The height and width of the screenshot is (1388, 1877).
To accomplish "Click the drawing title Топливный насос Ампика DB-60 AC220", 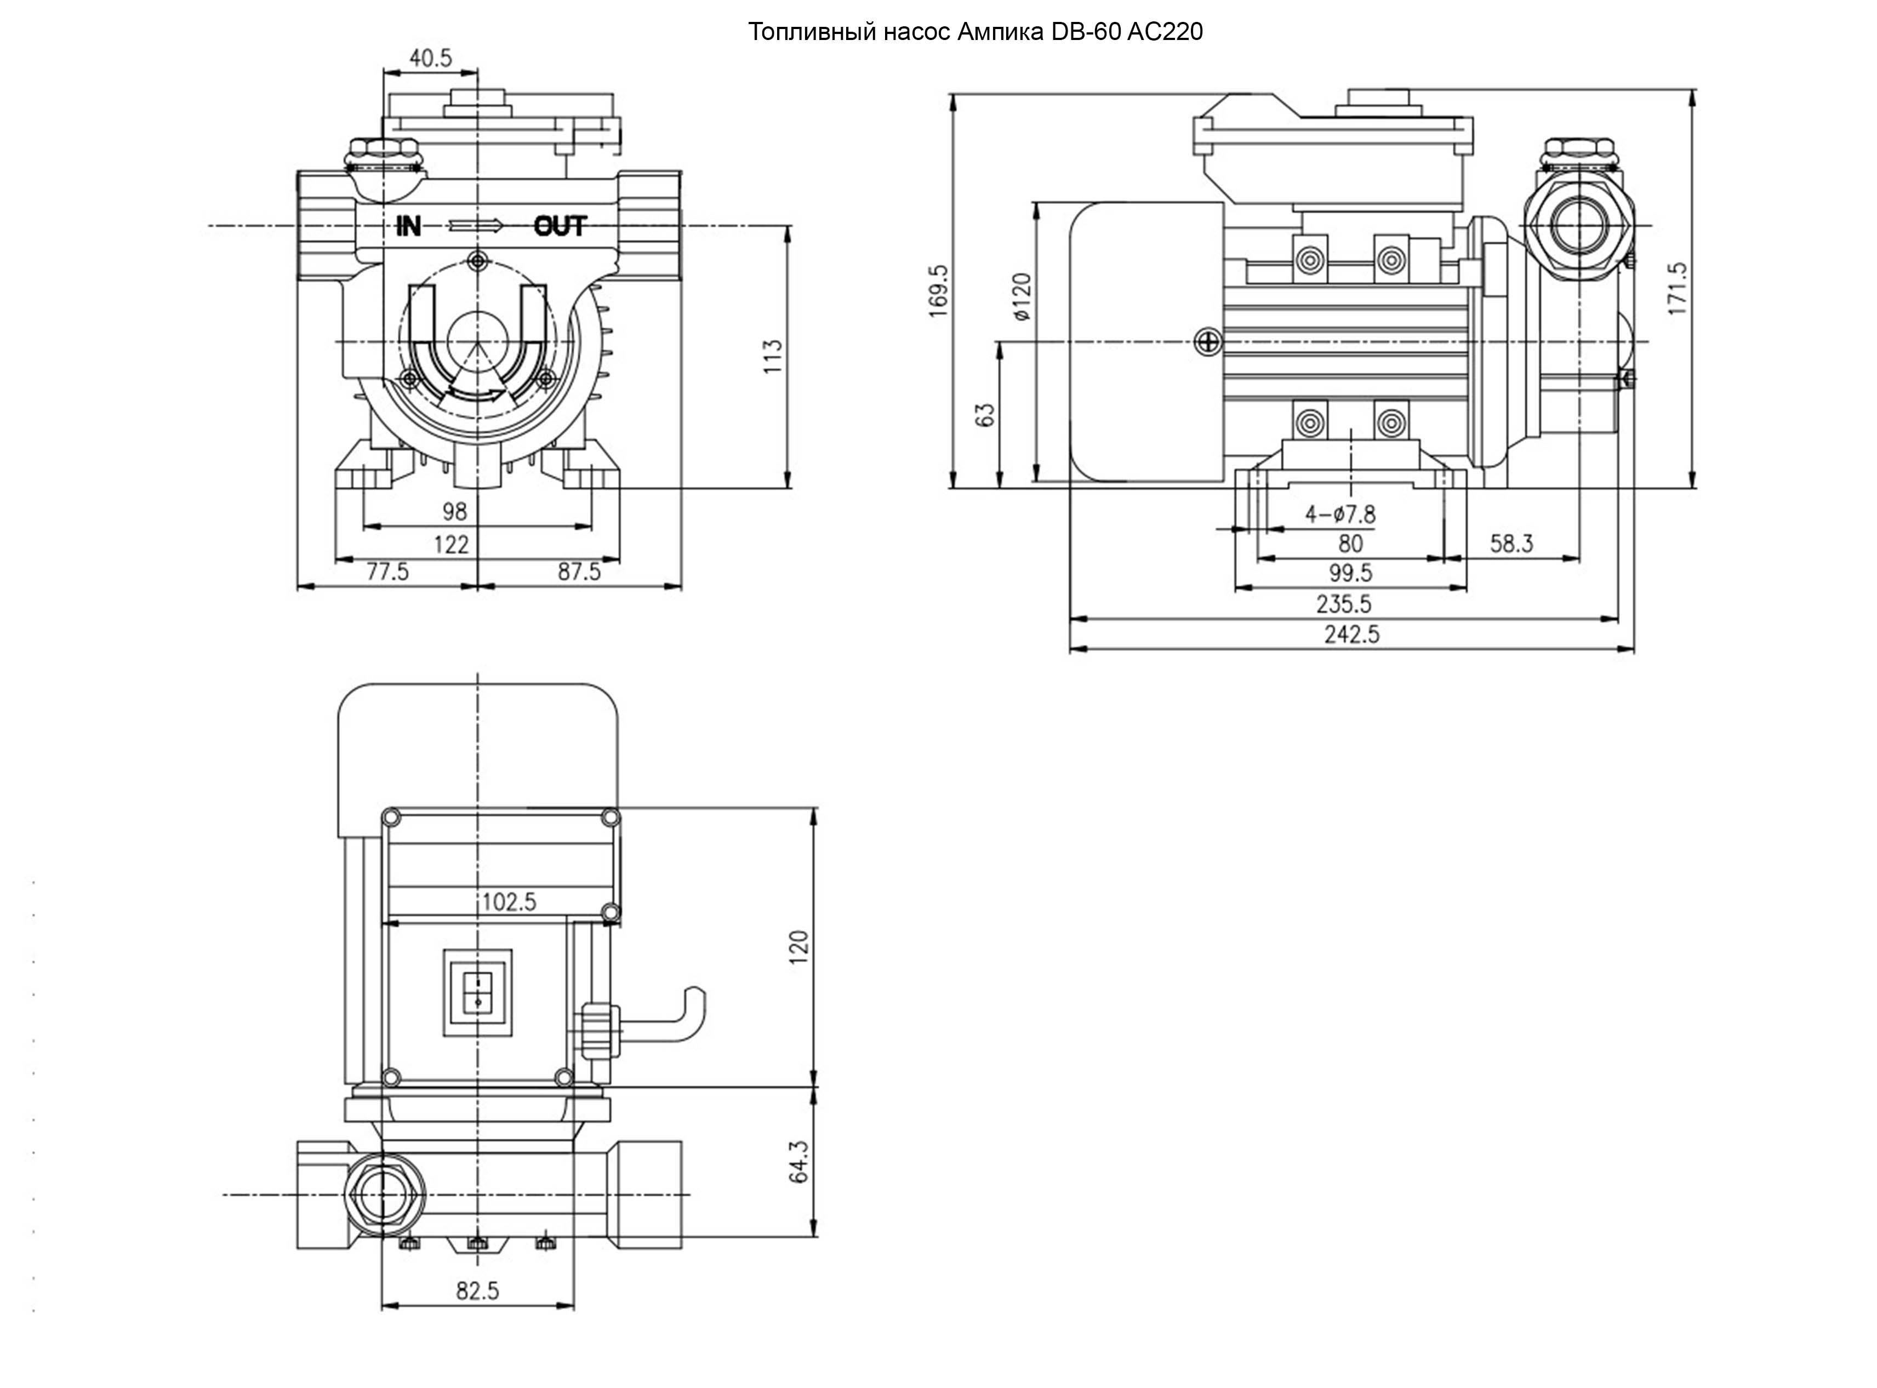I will pyautogui.click(x=974, y=32).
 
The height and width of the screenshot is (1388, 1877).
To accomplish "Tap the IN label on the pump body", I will pyautogui.click(x=408, y=226).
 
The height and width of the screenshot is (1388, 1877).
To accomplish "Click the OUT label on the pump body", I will pyautogui.click(x=560, y=226).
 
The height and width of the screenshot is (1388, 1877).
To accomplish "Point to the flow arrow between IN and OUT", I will pyautogui.click(x=476, y=225).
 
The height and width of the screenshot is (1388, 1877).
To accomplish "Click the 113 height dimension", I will pyautogui.click(x=772, y=356).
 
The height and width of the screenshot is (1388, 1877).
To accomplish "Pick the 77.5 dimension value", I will pyautogui.click(x=387, y=572).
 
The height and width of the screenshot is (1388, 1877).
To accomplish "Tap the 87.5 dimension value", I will pyautogui.click(x=579, y=572).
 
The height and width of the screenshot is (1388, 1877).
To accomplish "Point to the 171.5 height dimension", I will pyautogui.click(x=1677, y=289).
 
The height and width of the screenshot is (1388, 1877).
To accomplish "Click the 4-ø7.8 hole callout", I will pyautogui.click(x=1340, y=513).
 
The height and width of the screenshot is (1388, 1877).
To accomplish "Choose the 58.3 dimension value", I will pyautogui.click(x=1511, y=544).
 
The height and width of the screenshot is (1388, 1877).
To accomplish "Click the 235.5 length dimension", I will pyautogui.click(x=1343, y=604).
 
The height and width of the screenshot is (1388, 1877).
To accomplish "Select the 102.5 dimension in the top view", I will pyautogui.click(x=509, y=901).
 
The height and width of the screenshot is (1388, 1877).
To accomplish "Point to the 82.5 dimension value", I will pyautogui.click(x=477, y=1290).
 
